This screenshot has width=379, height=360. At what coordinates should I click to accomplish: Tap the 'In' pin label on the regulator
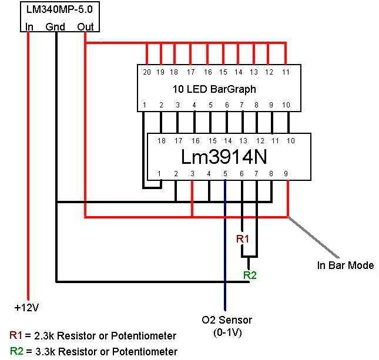(x=29, y=26)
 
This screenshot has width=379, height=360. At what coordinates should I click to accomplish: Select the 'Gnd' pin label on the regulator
(x=55, y=26)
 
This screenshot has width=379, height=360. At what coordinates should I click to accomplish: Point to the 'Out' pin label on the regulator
(x=85, y=26)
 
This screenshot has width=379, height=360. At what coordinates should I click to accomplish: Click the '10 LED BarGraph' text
(x=214, y=89)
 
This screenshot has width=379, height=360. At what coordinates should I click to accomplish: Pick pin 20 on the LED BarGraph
(x=146, y=72)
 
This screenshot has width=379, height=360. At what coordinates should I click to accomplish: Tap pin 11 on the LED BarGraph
(x=286, y=72)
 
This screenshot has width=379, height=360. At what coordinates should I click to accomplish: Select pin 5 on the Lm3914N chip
(x=225, y=174)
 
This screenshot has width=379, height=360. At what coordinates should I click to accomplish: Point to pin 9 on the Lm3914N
(x=286, y=174)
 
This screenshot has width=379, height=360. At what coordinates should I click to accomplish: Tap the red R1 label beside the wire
(x=243, y=239)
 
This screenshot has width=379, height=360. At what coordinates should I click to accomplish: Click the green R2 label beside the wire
(x=250, y=274)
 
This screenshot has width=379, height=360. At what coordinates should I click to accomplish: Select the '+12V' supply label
(x=27, y=307)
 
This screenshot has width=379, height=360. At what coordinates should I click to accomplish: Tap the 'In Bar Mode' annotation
(x=346, y=265)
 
